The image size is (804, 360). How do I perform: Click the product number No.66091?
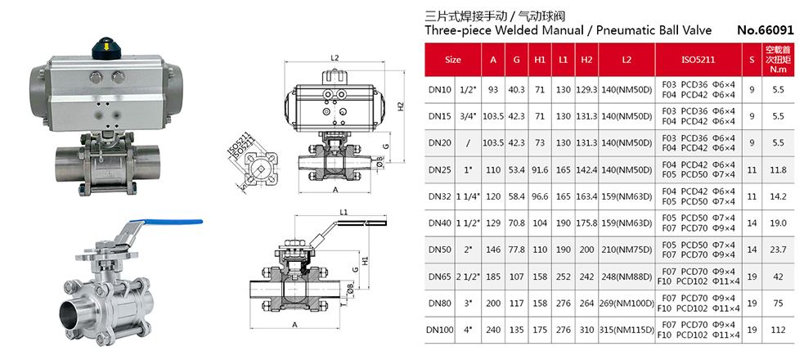pos(765,30)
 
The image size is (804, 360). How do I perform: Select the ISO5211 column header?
pos(698,60)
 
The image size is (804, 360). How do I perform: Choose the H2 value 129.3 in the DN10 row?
pos(586,90)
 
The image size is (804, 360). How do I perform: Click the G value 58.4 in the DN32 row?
pos(516,196)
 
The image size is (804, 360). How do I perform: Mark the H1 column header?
pos(540,60)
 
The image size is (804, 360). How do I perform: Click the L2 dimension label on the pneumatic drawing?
pos(335,58)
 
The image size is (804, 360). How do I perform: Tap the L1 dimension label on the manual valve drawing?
pos(344,213)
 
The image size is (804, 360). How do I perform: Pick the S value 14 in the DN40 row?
pos(752,223)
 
